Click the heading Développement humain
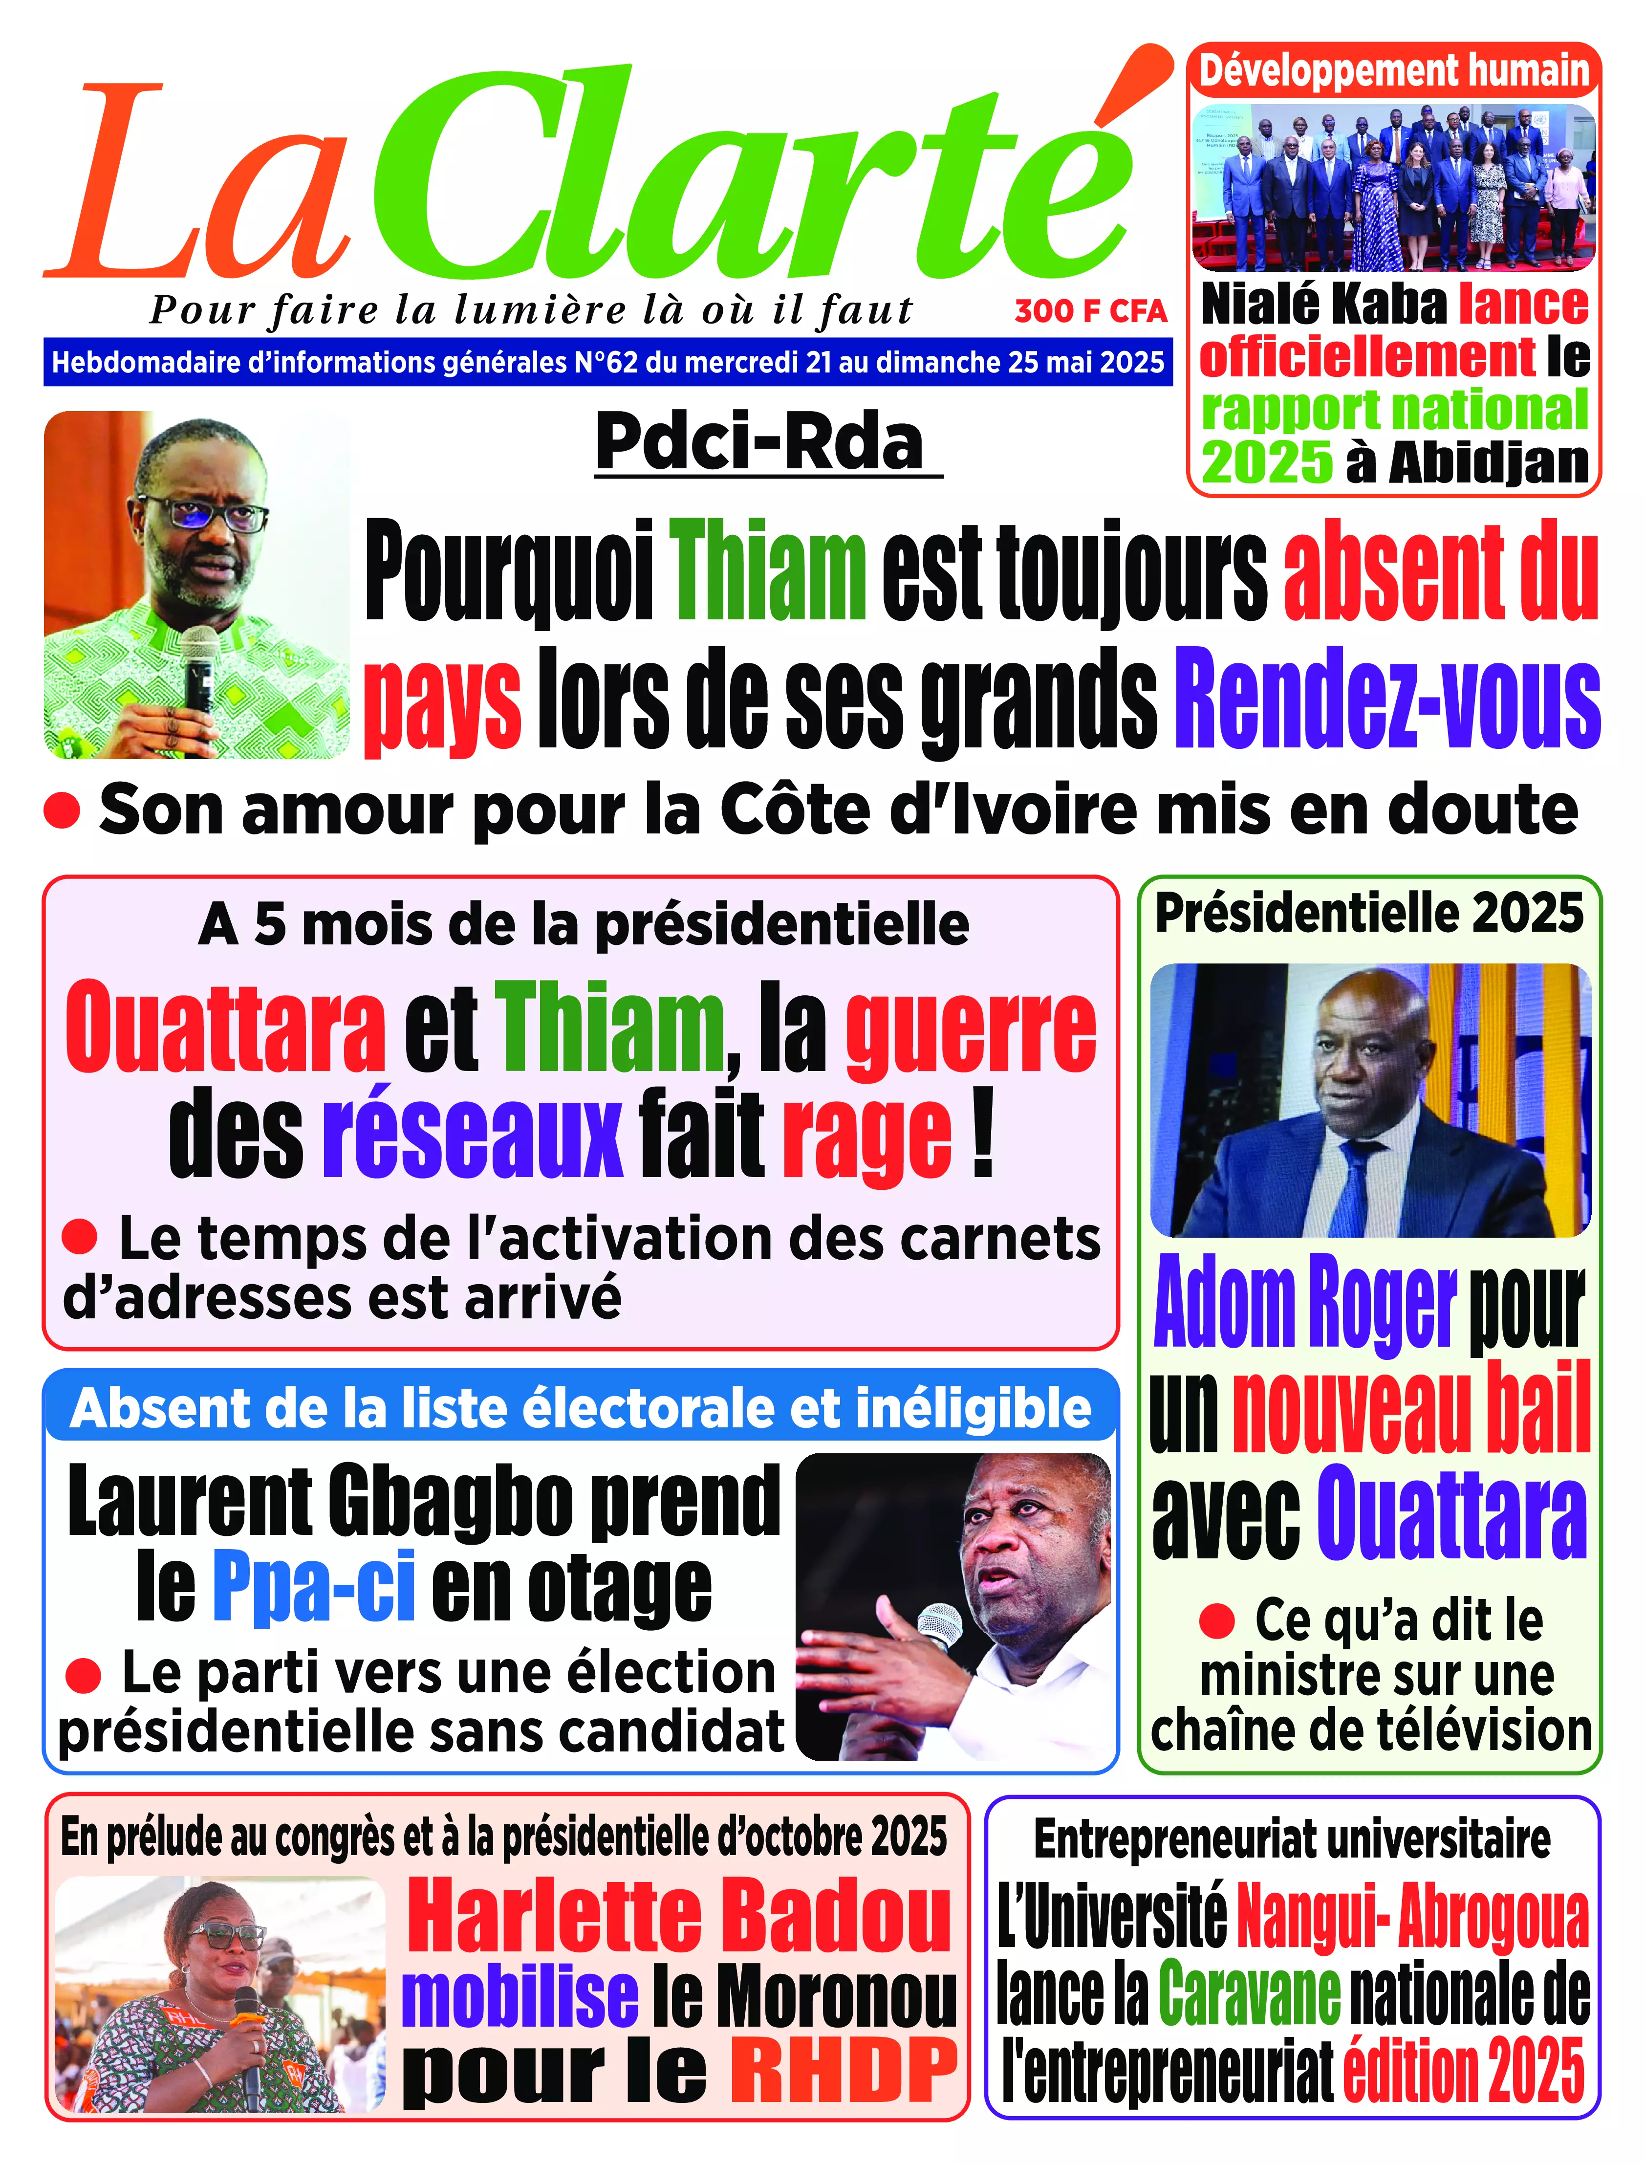point(1393,71)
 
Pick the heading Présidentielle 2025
point(1369,914)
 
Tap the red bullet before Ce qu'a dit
point(1216,1620)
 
